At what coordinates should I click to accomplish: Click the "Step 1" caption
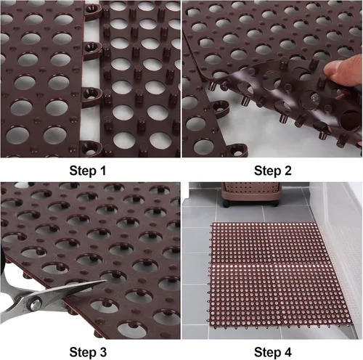(x=88, y=171)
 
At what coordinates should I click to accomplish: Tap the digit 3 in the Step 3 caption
(x=102, y=352)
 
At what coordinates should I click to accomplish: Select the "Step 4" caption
(x=273, y=352)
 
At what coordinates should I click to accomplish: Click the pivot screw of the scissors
(x=36, y=304)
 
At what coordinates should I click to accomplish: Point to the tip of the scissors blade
(x=106, y=281)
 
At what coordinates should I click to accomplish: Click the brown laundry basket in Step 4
(x=252, y=194)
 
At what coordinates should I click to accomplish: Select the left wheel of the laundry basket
(x=227, y=204)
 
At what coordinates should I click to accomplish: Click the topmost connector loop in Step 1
(x=93, y=12)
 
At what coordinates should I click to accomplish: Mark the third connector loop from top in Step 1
(x=91, y=97)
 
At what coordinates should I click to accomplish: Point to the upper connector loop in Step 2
(x=221, y=108)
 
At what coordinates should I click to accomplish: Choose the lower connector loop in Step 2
(x=237, y=150)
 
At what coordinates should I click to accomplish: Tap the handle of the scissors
(x=12, y=306)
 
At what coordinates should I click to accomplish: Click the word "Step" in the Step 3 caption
(x=81, y=353)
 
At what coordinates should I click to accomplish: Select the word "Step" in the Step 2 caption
(x=266, y=171)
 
